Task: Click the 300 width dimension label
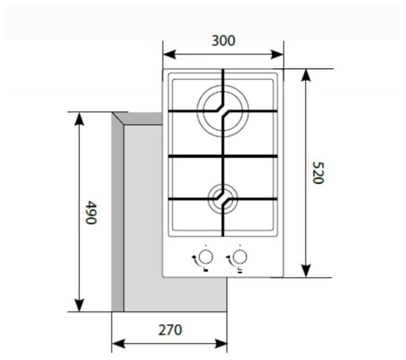click(223, 41)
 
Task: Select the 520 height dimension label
click(316, 173)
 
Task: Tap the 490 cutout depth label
click(90, 212)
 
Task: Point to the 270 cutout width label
click(170, 330)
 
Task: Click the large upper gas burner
click(223, 111)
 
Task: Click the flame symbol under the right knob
click(238, 269)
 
